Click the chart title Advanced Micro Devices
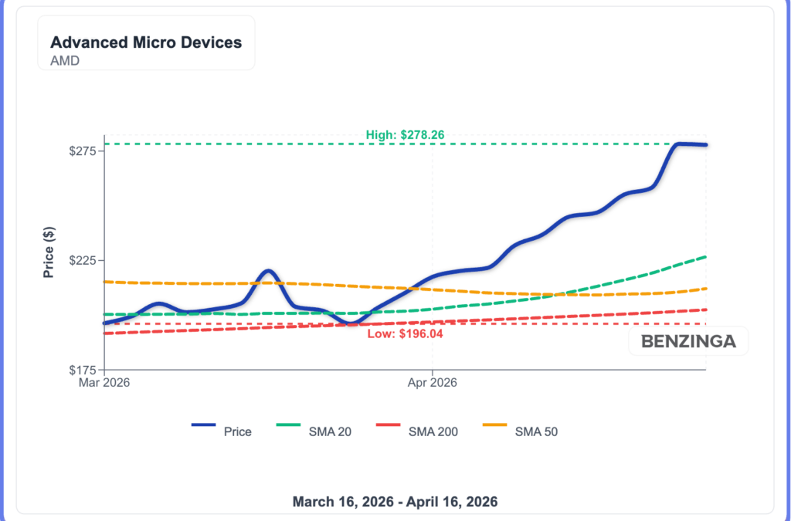(146, 42)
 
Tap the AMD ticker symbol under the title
(64, 61)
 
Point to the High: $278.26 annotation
(405, 135)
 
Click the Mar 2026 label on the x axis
(104, 382)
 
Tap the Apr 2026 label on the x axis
(432, 382)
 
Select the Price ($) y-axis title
(49, 252)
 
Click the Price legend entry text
(237, 431)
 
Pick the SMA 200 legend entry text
(433, 431)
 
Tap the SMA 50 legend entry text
(536, 431)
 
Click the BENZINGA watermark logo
(688, 341)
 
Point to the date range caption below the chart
(395, 501)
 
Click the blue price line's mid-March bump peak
(267, 271)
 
